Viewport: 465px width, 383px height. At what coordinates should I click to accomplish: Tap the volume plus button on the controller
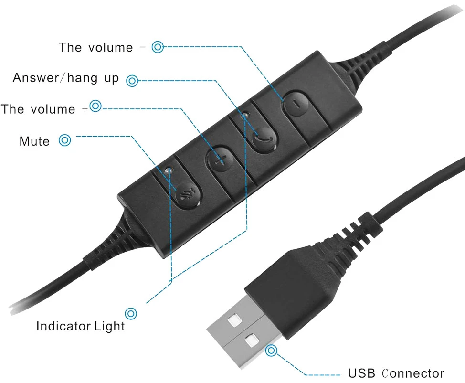(220, 159)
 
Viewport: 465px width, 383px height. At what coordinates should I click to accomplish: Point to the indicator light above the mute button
(169, 170)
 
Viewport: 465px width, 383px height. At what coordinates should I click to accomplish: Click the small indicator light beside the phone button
(245, 115)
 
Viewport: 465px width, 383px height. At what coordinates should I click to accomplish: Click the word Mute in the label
(34, 141)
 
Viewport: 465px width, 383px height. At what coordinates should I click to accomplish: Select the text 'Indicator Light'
(80, 326)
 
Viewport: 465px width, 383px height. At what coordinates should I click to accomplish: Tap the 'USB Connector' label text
(396, 373)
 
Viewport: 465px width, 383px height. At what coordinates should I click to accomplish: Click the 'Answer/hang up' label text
(66, 78)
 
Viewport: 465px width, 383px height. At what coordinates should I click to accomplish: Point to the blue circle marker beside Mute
(64, 140)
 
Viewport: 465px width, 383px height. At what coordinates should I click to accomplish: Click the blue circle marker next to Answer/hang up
(132, 81)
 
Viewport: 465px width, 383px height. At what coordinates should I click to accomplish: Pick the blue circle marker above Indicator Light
(131, 313)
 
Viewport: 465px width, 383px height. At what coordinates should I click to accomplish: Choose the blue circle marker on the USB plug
(271, 351)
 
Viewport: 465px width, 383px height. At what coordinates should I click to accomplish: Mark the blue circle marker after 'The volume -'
(158, 47)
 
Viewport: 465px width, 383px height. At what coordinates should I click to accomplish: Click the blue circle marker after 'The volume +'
(95, 106)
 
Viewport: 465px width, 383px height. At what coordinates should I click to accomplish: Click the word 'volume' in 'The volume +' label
(53, 109)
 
